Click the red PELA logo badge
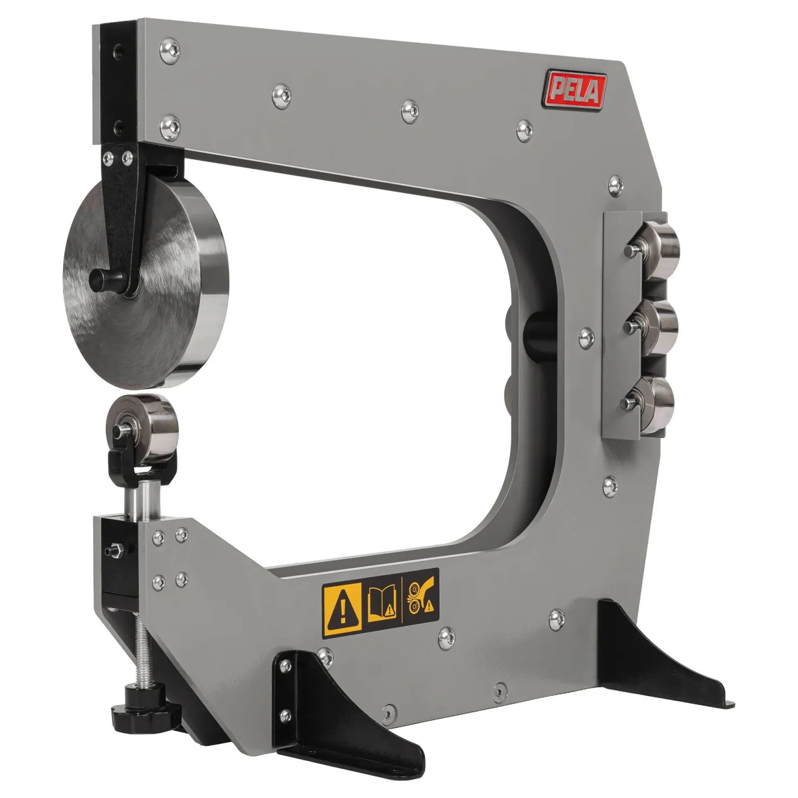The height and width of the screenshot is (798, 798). pos(575,90)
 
